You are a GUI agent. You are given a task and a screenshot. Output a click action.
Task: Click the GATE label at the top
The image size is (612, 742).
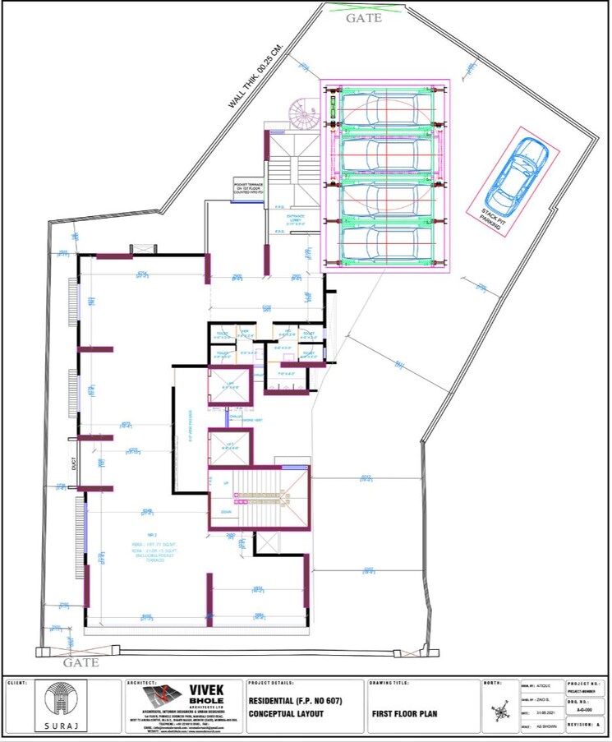pyautogui.click(x=363, y=17)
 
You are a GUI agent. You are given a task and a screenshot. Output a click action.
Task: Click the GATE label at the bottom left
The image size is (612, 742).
pyautogui.click(x=81, y=661)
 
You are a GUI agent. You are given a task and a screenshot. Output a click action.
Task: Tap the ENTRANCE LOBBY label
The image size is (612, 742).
pyautogui.click(x=295, y=219)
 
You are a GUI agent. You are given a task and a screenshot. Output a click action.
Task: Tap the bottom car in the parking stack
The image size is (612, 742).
pyautogui.click(x=384, y=243)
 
